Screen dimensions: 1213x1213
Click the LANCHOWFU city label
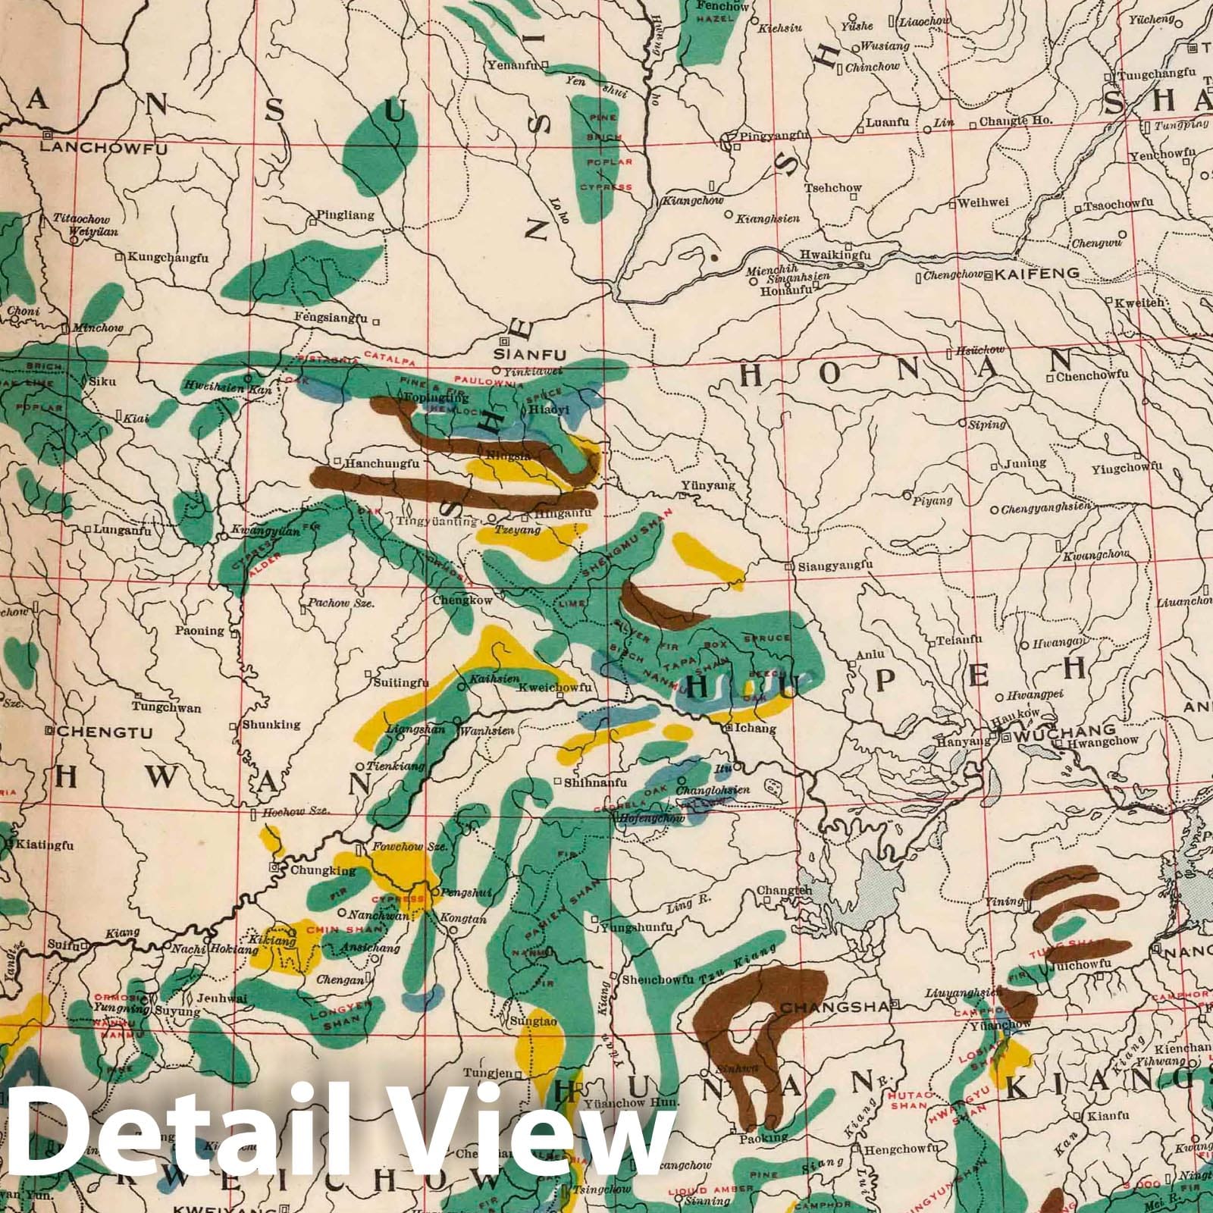102,148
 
